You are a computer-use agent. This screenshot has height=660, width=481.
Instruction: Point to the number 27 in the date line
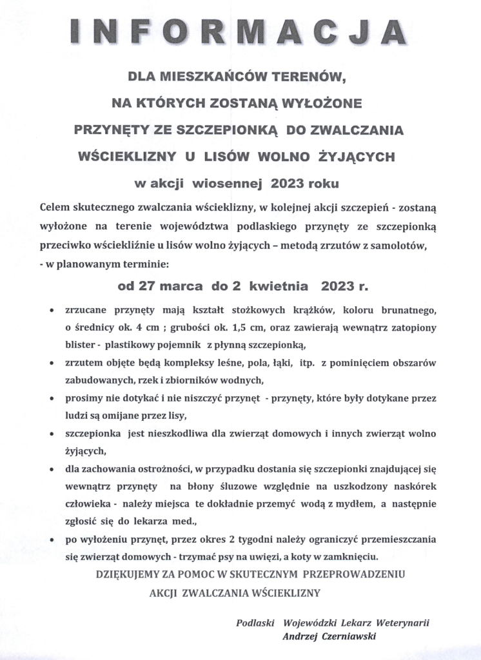(159, 284)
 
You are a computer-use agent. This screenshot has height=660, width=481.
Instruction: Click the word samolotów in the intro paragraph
(400, 247)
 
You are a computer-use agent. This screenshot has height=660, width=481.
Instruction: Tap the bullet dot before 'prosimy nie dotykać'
(52, 400)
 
